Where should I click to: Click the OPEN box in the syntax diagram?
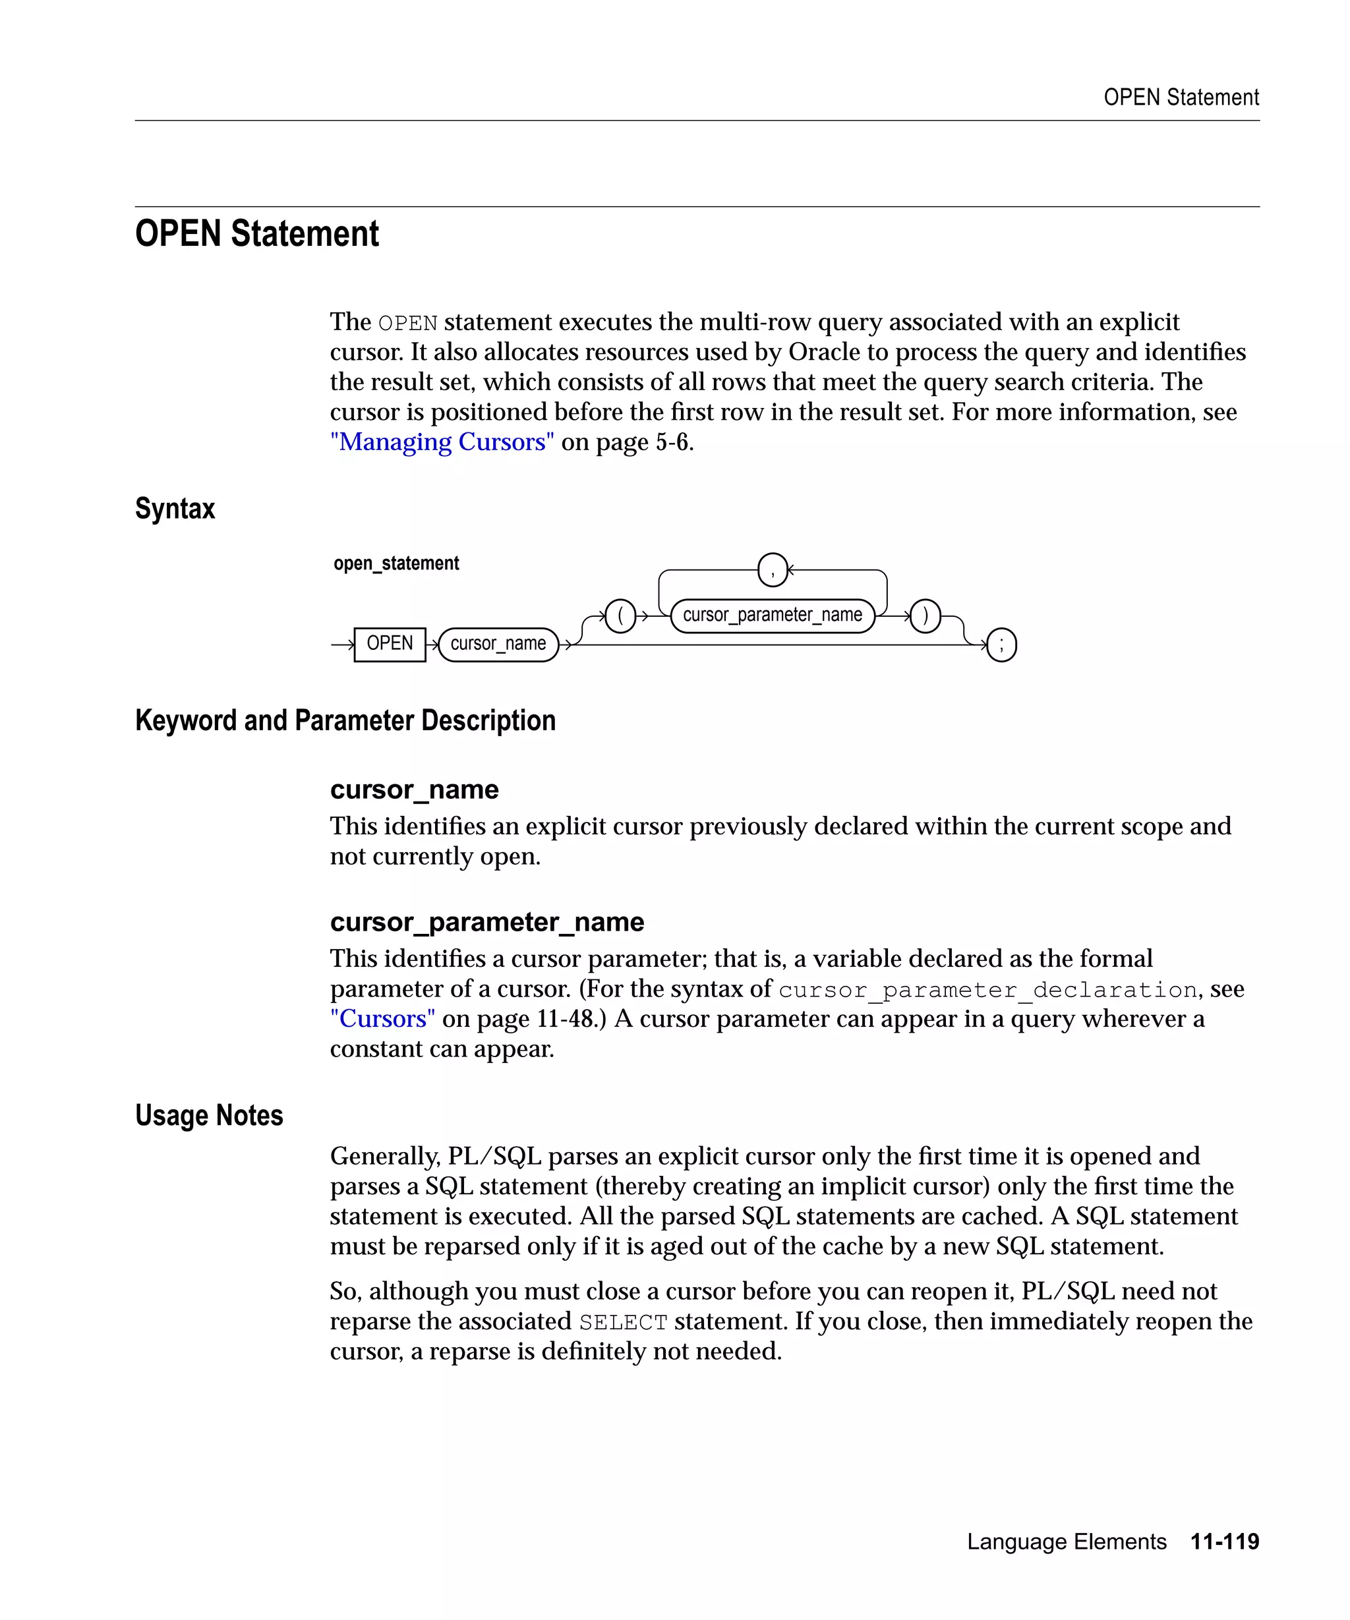(x=390, y=644)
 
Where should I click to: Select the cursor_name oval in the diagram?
(x=498, y=644)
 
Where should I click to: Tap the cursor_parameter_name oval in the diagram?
(x=772, y=616)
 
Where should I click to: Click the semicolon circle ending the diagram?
(x=1001, y=645)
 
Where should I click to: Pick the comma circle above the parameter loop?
(x=772, y=570)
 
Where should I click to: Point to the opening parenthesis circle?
(x=620, y=616)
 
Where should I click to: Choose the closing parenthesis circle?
(x=925, y=616)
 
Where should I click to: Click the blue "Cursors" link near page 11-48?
(x=382, y=1019)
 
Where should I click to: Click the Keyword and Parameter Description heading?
(x=345, y=720)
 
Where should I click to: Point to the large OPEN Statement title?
(x=257, y=234)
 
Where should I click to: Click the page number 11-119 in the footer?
(x=1224, y=1542)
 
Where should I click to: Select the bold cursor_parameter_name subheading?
(x=486, y=922)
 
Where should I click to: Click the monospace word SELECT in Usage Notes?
(x=624, y=1322)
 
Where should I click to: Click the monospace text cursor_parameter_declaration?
(x=987, y=990)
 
